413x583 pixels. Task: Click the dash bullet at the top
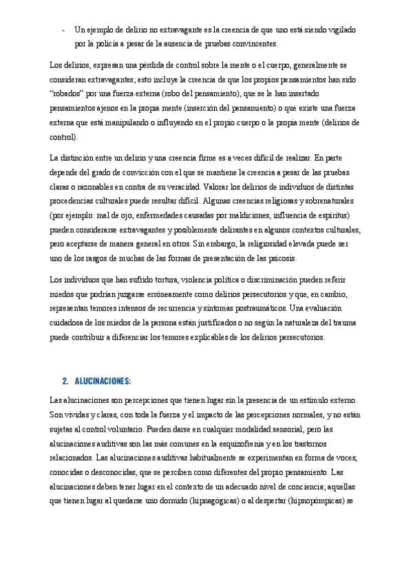pos(64,30)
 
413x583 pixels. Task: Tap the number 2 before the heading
pos(64,380)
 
